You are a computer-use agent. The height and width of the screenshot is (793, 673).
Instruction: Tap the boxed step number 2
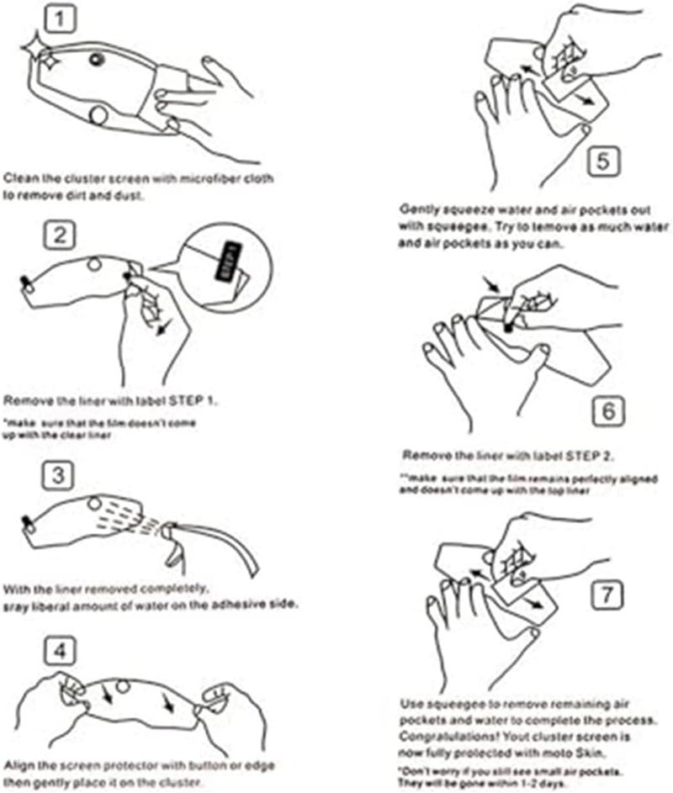[60, 235]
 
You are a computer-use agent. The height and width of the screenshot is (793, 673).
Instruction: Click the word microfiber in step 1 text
[198, 179]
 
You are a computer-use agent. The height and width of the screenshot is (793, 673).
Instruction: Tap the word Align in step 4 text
[19, 765]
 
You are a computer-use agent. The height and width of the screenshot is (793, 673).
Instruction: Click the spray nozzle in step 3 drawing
[169, 529]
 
